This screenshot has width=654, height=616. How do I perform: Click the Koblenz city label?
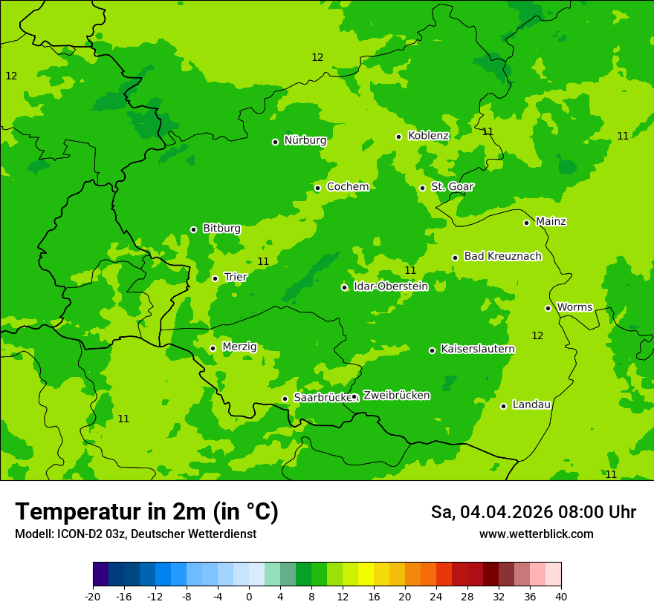coord(428,136)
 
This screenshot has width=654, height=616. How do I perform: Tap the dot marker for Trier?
coord(215,278)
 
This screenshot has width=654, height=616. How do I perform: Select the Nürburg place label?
coord(305,140)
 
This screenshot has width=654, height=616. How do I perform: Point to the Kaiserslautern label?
coord(477,349)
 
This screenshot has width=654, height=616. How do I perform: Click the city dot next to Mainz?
coord(526,223)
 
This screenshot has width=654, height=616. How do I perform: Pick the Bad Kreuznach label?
coord(502,256)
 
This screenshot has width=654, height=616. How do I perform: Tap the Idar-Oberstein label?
coord(390,286)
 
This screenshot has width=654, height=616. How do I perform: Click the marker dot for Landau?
coord(503,406)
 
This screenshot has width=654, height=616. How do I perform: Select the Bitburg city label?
coord(221,229)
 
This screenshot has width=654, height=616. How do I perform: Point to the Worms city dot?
coord(548,308)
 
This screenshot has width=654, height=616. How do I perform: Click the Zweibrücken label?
coord(396,396)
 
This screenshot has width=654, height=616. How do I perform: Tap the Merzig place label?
coord(239,347)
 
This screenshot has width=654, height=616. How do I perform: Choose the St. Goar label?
coord(452,187)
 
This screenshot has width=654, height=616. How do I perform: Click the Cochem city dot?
coord(317,188)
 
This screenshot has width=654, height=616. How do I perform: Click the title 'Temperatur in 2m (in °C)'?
coord(146,511)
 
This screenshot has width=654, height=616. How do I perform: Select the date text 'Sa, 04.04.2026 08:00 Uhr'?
coord(533,512)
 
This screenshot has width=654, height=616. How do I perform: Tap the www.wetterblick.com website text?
coord(536,534)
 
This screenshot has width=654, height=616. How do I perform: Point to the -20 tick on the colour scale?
coord(93,597)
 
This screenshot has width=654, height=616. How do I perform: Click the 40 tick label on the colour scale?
coord(560,597)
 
